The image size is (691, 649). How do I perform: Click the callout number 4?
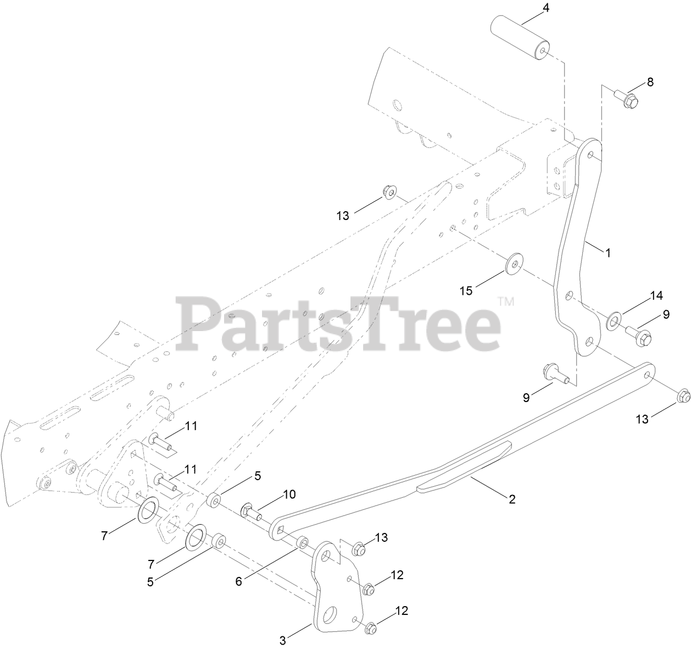(x=546, y=8)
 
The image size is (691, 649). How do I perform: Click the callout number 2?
(x=511, y=499)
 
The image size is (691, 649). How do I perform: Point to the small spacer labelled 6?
(x=302, y=543)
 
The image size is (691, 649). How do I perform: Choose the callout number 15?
(x=466, y=290)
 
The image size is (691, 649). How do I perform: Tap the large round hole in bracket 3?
(x=330, y=614)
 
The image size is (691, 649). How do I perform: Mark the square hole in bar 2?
(x=280, y=531)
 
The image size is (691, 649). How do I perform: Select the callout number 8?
(x=650, y=82)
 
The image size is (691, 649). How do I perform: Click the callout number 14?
(x=656, y=295)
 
